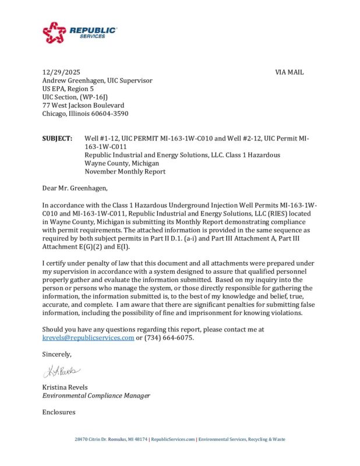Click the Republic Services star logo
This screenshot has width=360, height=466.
(55, 33)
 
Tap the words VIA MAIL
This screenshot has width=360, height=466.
(289, 72)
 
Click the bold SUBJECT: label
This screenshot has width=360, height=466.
(57, 139)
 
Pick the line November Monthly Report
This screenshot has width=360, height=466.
(125, 172)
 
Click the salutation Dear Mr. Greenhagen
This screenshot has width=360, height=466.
(75, 189)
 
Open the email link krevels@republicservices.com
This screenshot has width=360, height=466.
(88, 338)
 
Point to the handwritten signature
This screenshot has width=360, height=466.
(62, 370)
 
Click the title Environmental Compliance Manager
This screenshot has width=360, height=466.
(96, 396)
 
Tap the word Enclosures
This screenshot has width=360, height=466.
(59, 412)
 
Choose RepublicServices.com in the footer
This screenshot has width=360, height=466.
(173, 439)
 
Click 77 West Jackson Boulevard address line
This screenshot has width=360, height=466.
(83, 105)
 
